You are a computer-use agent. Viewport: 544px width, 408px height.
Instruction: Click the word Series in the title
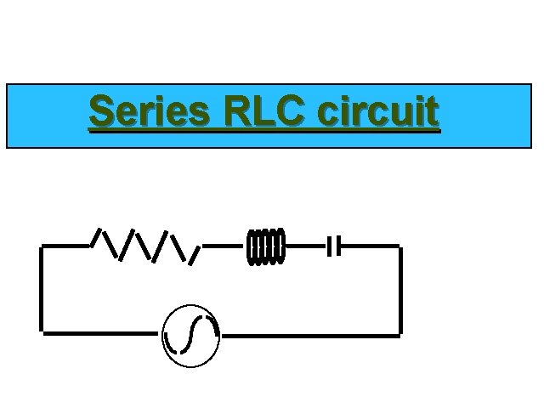[150, 112]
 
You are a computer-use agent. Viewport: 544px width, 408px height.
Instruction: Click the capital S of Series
[101, 112]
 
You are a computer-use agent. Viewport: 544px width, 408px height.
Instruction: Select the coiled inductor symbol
[266, 246]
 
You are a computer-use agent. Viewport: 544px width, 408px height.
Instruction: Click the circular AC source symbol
[191, 335]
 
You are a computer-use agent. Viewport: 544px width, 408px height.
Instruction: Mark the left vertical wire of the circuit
[42, 289]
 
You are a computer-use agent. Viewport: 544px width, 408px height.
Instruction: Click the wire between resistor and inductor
[223, 246]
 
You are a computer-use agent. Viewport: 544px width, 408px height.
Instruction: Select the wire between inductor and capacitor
[306, 246]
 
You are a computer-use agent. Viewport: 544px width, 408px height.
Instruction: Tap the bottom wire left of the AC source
[102, 333]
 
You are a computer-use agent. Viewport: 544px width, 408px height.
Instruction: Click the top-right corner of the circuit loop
[399, 247]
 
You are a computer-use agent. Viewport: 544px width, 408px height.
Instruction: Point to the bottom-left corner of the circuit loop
[42, 332]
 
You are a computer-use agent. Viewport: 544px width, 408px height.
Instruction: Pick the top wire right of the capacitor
[370, 246]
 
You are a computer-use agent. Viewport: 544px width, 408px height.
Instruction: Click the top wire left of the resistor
[66, 246]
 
